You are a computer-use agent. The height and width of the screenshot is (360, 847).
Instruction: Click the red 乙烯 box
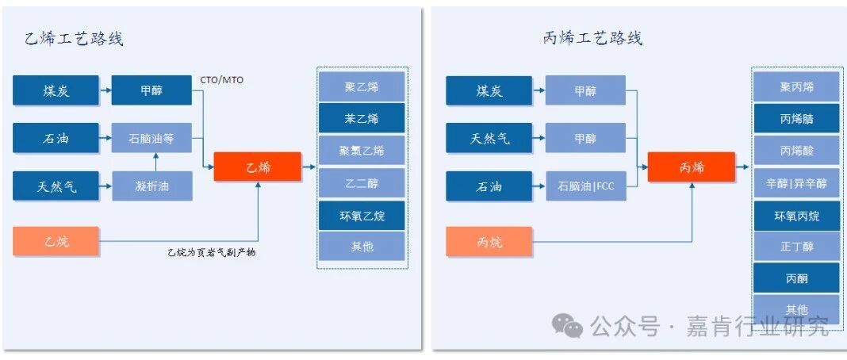[x=258, y=167]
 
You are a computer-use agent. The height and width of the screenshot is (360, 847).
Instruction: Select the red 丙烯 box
[x=691, y=167]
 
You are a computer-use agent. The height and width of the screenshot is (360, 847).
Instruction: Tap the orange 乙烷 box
[x=56, y=241]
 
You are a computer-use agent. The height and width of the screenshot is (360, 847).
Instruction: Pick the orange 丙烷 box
[x=489, y=241]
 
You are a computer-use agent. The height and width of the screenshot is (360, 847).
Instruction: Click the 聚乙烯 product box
[x=362, y=86]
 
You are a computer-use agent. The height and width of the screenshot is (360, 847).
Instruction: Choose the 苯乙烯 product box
[x=362, y=118]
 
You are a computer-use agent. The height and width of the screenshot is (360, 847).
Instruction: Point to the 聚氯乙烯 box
[x=362, y=151]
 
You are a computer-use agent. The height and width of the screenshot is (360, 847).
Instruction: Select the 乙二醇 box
[x=362, y=183]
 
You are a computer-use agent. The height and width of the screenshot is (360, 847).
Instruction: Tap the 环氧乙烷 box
[x=362, y=216]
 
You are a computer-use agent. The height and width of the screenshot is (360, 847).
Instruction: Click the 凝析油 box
[x=151, y=186]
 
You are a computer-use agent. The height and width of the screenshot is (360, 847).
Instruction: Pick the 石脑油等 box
[x=151, y=139]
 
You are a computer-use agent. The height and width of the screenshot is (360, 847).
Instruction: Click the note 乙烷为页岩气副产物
[x=211, y=252]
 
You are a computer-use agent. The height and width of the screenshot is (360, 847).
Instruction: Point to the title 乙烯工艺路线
[x=73, y=39]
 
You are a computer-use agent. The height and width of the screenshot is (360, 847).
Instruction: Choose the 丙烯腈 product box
[x=796, y=119]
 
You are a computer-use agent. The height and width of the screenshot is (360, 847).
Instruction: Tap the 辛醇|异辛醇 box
[x=796, y=183]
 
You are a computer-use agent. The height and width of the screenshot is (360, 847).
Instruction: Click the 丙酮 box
[x=796, y=278]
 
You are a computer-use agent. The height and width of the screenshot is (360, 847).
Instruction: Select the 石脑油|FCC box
[x=585, y=186]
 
